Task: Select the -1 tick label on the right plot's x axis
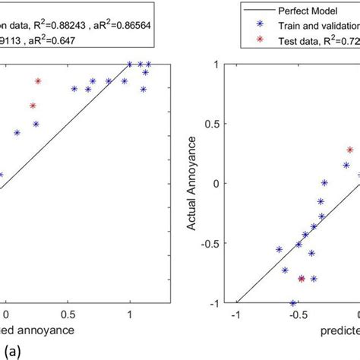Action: coord(236,314)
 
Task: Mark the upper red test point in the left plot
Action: coord(38,81)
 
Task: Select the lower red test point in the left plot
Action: coord(33,106)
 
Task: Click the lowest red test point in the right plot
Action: coord(302,279)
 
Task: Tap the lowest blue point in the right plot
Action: coord(293,303)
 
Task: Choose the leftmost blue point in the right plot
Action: coord(279,249)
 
